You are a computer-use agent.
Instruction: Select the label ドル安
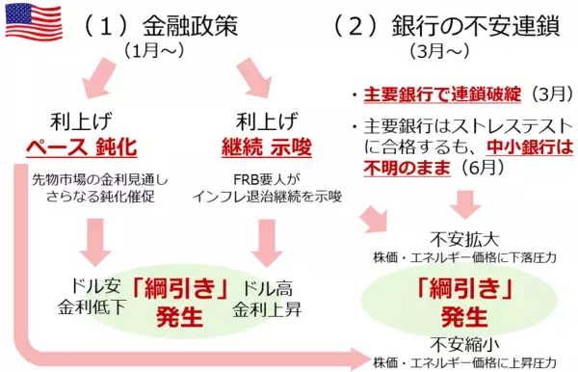pyautogui.click(x=84, y=288)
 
